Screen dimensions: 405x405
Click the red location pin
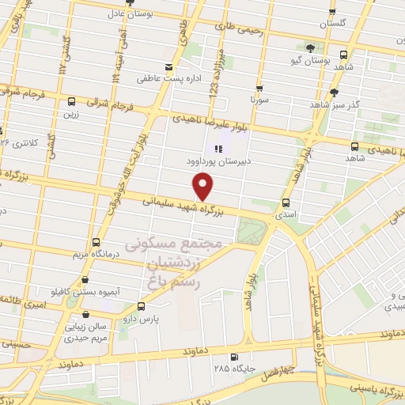[x=204, y=186]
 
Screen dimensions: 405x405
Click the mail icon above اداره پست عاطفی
[x=168, y=66]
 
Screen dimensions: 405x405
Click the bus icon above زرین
[x=72, y=101]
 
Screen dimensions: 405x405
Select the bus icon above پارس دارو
[x=142, y=306]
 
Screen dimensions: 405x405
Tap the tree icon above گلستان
[x=333, y=12]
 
